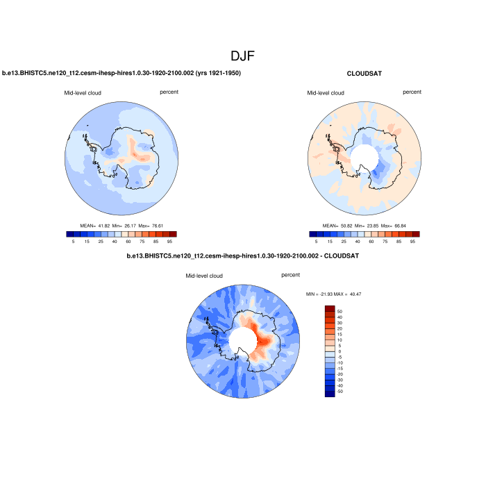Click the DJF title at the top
point(243,56)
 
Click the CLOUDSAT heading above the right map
point(364,73)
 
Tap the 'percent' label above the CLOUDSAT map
point(412,92)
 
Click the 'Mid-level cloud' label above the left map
point(82,92)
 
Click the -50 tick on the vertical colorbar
point(339,392)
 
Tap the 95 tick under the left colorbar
point(169,241)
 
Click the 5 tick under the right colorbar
point(316,241)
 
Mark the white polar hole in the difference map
point(243,340)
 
